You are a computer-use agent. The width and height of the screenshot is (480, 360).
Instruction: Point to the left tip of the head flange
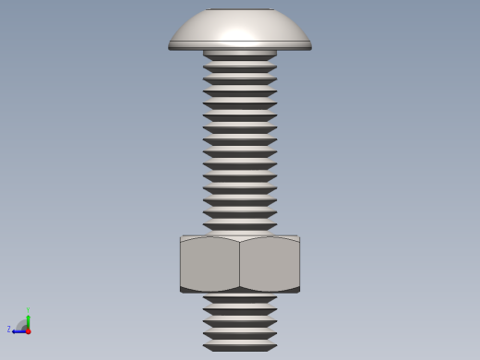[x=170, y=44]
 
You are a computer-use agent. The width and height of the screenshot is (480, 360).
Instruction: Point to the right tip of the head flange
[x=310, y=44]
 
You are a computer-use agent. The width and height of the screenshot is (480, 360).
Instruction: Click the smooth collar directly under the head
[x=240, y=54]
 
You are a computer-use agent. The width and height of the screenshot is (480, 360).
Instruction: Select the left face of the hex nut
[x=210, y=265]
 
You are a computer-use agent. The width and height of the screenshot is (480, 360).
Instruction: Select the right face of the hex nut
[x=270, y=265]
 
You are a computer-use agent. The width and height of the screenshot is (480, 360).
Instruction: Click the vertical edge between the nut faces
[x=240, y=265]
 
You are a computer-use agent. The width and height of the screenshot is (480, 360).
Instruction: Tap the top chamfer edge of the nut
[x=240, y=237]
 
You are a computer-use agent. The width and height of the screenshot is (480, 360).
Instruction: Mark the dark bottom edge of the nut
[x=240, y=291]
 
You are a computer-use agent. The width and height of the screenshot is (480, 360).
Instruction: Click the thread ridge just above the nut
[x=240, y=226]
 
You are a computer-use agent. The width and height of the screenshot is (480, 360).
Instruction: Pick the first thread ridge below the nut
[x=240, y=300]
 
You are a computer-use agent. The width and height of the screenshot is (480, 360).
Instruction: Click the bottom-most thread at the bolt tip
[x=240, y=348]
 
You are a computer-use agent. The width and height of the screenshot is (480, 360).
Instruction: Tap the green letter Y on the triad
[x=29, y=310]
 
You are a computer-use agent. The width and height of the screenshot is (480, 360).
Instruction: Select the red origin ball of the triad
[x=29, y=330]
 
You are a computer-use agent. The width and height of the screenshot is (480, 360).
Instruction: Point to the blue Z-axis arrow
[x=18, y=330]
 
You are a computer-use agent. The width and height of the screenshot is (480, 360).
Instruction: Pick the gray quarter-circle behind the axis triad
[x=22, y=324]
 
